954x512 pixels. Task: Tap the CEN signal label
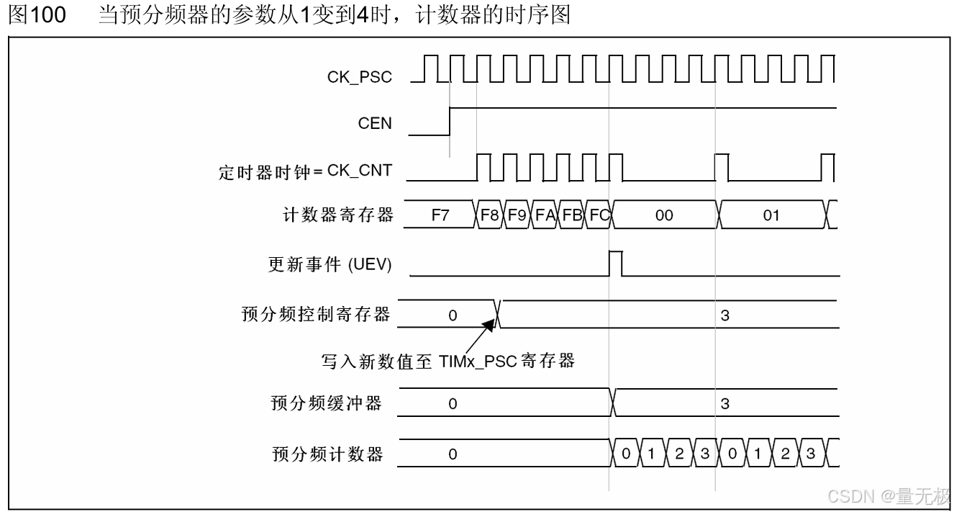click(375, 123)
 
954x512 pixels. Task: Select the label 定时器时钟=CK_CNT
click(305, 171)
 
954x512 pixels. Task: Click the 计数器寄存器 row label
click(338, 215)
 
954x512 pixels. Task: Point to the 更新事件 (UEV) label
click(330, 265)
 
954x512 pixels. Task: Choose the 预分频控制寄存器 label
click(317, 315)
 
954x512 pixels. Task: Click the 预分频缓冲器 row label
click(327, 403)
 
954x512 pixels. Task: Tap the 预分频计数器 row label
click(327, 454)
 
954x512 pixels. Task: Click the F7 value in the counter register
click(440, 215)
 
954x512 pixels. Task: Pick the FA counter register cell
click(545, 215)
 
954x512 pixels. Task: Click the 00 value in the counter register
click(664, 215)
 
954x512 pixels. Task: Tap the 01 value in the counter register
click(771, 215)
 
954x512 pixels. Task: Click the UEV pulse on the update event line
click(616, 264)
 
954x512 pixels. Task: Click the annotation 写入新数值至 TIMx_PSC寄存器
click(448, 361)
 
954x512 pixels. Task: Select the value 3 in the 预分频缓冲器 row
click(724, 403)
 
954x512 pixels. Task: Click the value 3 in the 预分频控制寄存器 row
click(724, 315)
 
